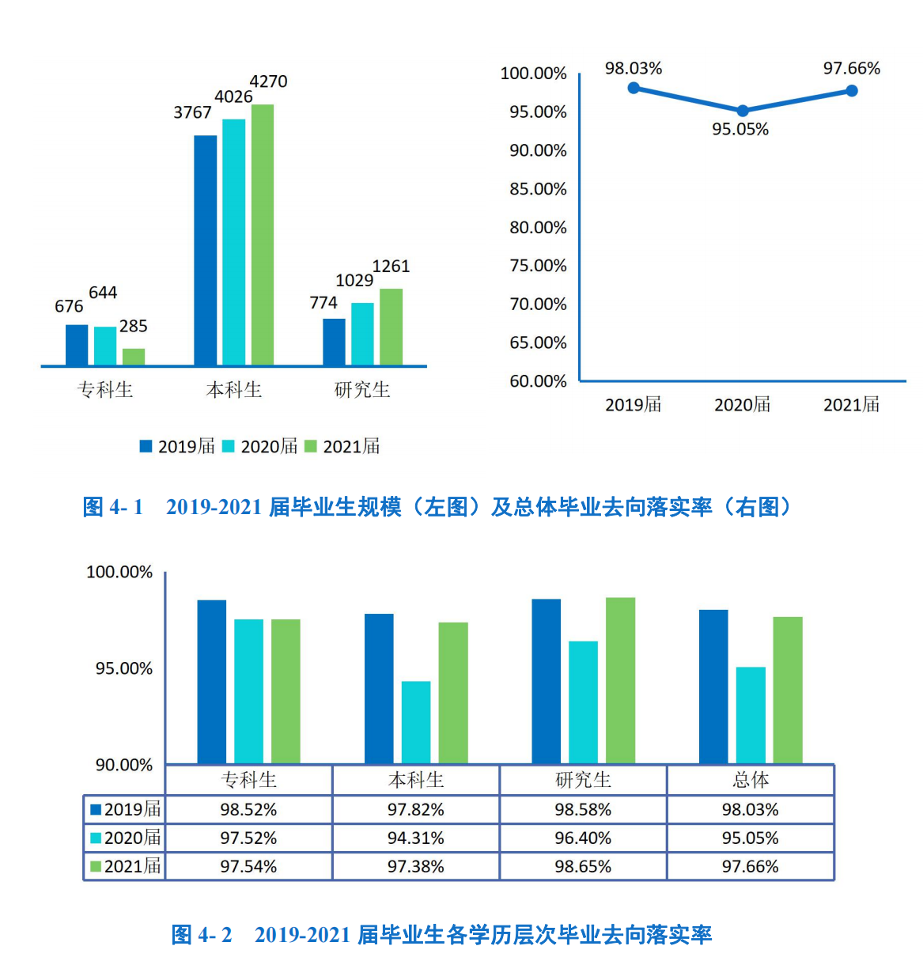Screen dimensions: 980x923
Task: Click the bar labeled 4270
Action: [263, 234]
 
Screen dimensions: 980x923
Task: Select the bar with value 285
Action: [134, 357]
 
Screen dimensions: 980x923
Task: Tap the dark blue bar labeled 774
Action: [334, 342]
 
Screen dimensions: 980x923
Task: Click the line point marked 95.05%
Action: [743, 111]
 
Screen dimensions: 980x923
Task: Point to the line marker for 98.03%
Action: [634, 88]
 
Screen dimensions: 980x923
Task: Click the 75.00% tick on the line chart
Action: [538, 266]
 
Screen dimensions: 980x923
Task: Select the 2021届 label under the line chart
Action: [851, 405]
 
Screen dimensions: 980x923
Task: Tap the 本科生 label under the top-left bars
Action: [233, 389]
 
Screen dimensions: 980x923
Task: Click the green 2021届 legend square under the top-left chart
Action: [311, 447]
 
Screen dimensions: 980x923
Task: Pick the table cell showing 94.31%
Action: [415, 838]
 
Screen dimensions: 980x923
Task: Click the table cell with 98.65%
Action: [583, 867]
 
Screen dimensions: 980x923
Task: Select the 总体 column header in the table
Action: [750, 780]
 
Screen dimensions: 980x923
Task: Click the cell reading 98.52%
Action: [248, 810]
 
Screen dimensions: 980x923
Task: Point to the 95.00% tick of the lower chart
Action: [124, 669]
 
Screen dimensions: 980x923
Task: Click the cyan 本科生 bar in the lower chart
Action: [416, 722]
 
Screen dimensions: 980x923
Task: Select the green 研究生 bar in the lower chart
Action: [620, 680]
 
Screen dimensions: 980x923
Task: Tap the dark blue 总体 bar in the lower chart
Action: [713, 687]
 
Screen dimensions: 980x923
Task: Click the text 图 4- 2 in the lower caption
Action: [202, 935]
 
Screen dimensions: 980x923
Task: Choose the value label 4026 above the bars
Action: [233, 97]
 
